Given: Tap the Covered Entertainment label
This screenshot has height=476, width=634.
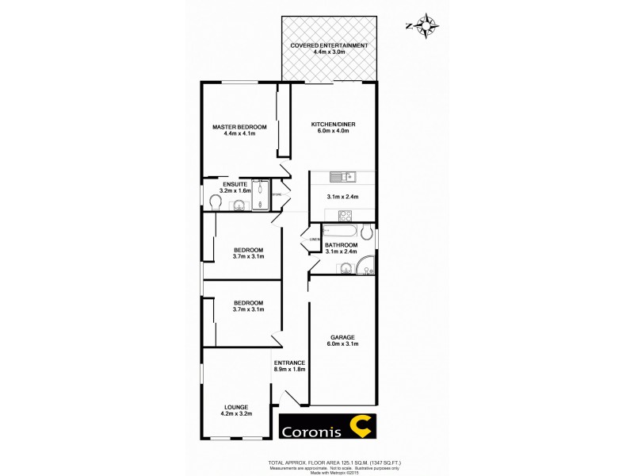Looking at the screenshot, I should click(x=329, y=46).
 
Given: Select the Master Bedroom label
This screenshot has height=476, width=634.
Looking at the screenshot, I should click(x=239, y=127).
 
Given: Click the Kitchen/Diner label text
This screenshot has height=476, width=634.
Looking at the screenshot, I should click(x=330, y=127).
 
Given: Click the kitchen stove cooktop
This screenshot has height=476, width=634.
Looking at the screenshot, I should click(x=345, y=214).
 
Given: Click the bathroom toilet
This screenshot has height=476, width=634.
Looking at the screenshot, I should click(x=366, y=232).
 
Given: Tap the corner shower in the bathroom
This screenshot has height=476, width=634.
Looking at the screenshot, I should click(x=366, y=265).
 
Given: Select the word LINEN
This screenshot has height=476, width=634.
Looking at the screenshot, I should click(x=314, y=239).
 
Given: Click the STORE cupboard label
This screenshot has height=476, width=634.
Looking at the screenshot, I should click(x=277, y=194).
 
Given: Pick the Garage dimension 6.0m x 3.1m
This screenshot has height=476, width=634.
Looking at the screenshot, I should click(x=343, y=344).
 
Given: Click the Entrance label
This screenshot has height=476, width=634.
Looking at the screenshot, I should click(x=289, y=363).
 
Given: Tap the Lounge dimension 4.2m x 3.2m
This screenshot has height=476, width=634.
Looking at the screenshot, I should click(x=236, y=414).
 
